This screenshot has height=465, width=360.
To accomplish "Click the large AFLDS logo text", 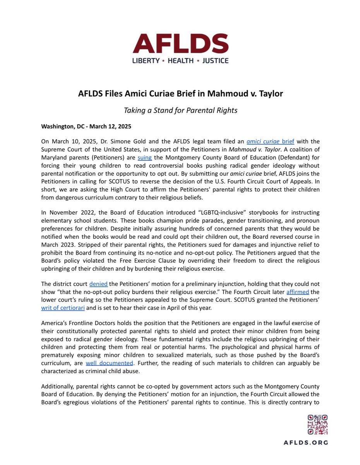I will (180, 44).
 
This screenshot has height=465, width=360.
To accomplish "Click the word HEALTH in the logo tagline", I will (180, 60).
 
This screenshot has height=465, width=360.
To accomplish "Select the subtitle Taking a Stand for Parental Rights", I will (180, 110).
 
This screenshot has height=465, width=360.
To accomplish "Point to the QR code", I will (317, 424).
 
